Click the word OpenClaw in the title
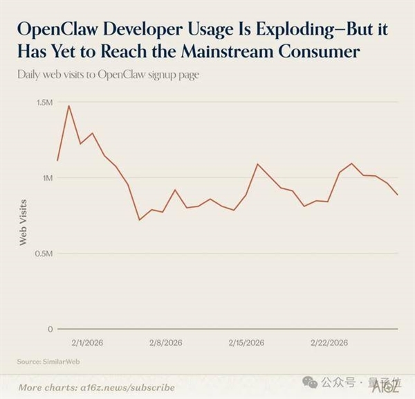(60, 30)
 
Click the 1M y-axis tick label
(46, 178)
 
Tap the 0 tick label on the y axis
(50, 329)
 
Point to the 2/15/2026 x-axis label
(246, 343)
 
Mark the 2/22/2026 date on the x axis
(329, 343)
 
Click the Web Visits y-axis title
(23, 222)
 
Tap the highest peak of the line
(68, 106)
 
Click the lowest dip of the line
(139, 220)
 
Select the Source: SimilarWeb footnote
(46, 362)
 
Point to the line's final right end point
(398, 195)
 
